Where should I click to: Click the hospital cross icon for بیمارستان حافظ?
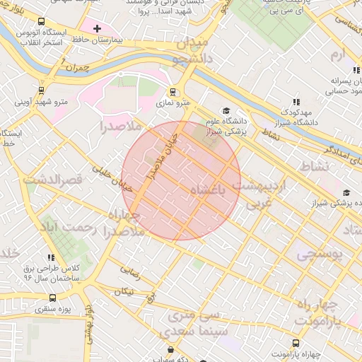pos(98,28)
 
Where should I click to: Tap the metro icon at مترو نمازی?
pos(173,91)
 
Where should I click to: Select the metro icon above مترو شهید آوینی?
pos(42,90)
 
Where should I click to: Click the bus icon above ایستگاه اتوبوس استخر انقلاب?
pos(42,22)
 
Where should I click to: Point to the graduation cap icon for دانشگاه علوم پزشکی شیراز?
pos(226,111)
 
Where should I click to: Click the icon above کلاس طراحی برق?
pos(50,258)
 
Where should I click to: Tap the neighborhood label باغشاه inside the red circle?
pos(209,190)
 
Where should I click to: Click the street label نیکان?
pos(124,291)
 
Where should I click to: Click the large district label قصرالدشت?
pos(53,180)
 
